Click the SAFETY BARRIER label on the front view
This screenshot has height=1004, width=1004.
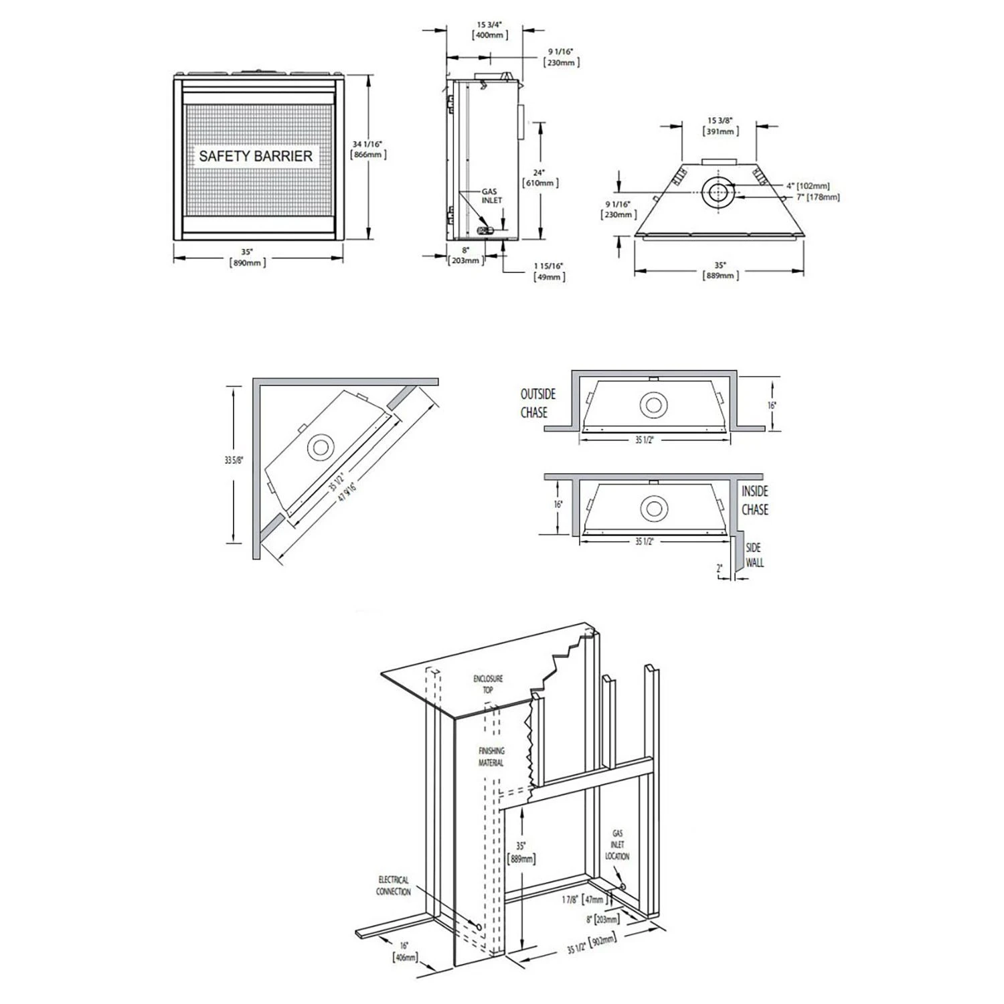click(255, 156)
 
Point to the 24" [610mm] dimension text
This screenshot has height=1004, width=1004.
click(539, 177)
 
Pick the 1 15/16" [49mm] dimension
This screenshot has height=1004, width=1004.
click(548, 271)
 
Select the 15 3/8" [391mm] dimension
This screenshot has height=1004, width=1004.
click(720, 126)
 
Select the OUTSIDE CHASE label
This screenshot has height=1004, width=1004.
click(538, 404)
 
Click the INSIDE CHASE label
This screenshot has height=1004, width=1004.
click(754, 501)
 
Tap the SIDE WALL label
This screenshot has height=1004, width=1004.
click(754, 556)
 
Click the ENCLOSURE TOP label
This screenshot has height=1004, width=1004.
click(488, 683)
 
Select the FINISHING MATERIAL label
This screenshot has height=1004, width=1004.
click(491, 757)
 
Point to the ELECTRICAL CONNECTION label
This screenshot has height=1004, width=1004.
click(393, 886)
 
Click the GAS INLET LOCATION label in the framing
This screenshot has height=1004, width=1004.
click(617, 845)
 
